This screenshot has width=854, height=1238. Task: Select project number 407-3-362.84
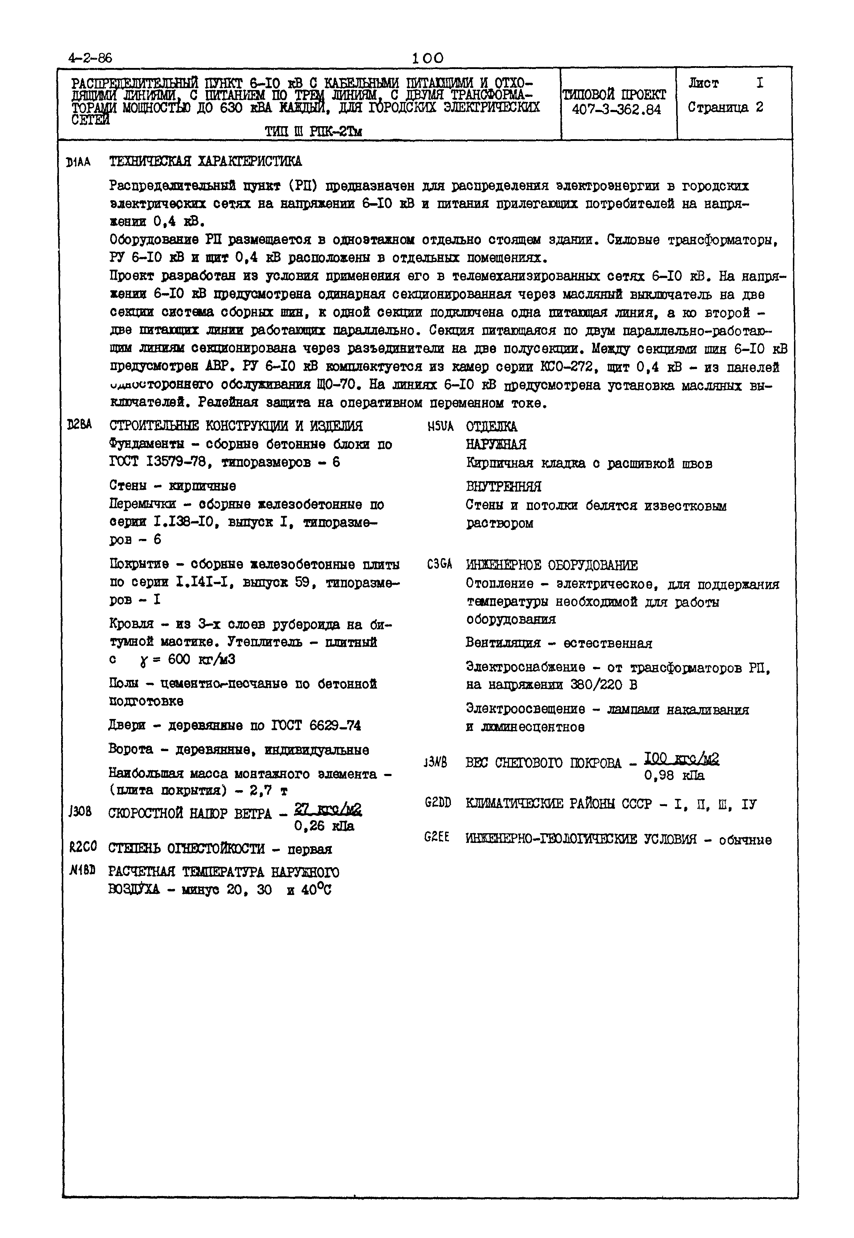[616, 110]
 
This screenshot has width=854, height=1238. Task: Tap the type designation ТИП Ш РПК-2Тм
[313, 131]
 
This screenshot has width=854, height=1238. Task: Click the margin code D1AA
[78, 162]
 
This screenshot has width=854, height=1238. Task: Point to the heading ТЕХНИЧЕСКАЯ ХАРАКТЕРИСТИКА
[205, 161]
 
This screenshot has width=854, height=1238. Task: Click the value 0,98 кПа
[674, 775]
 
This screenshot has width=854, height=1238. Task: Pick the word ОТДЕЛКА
[491, 427]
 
